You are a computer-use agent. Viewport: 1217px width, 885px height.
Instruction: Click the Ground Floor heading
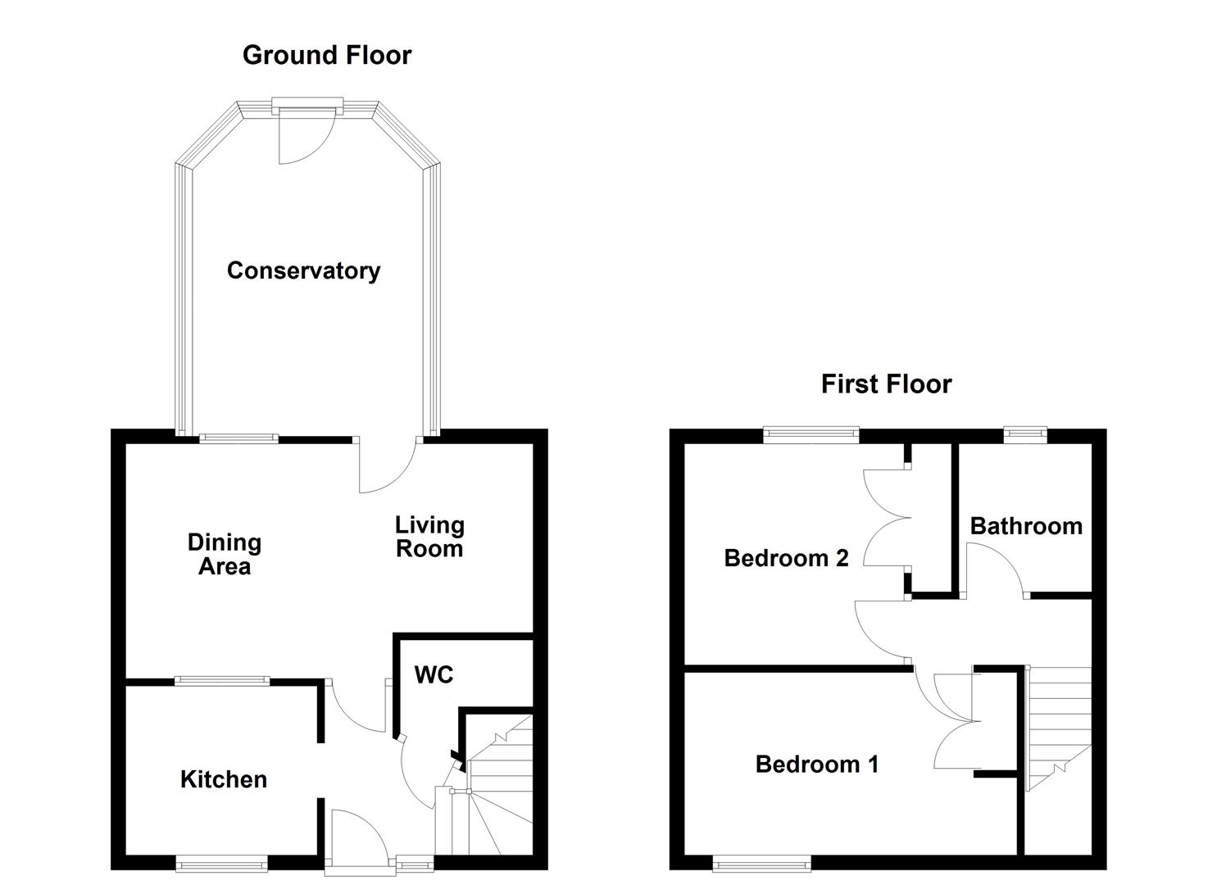(326, 55)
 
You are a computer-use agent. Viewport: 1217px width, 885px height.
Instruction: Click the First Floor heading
(886, 383)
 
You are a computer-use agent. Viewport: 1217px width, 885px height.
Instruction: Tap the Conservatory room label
(303, 270)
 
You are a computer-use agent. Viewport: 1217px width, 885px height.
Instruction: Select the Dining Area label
(224, 554)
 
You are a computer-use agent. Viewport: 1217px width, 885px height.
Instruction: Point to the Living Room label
(429, 537)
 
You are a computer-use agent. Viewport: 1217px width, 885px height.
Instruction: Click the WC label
(434, 674)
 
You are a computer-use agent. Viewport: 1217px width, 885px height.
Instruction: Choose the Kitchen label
(224, 779)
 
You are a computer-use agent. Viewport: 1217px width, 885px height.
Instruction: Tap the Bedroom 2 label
(786, 558)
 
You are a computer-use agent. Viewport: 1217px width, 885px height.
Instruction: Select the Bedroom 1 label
(816, 765)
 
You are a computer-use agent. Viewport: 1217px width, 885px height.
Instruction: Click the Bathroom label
(1026, 526)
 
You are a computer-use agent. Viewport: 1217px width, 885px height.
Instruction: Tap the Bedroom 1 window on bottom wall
(761, 862)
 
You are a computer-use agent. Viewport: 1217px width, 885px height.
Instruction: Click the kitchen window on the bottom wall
(221, 862)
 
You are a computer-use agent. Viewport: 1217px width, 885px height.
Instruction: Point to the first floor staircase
(1059, 725)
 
